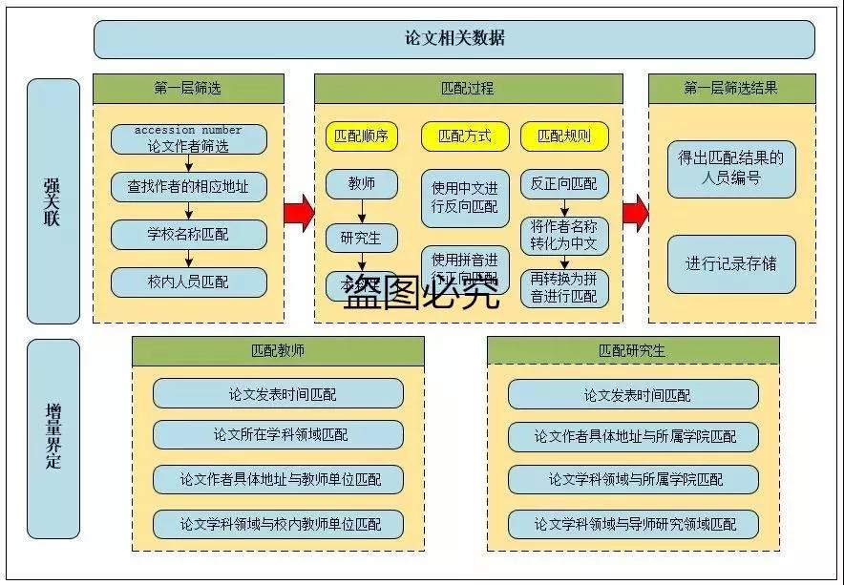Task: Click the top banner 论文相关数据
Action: (454, 39)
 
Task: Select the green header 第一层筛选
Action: (188, 89)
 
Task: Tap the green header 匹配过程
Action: (468, 89)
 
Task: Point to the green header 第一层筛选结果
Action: (730, 89)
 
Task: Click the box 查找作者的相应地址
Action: (188, 187)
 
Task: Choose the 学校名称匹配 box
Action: (188, 234)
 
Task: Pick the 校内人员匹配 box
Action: (188, 282)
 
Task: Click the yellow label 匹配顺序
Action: (362, 136)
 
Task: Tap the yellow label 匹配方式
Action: (465, 136)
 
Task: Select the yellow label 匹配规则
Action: (564, 136)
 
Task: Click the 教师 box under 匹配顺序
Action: (362, 184)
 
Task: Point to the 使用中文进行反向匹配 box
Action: (465, 197)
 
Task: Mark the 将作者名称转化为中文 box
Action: (564, 236)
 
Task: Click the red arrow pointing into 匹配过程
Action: (300, 212)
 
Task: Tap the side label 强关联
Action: (53, 201)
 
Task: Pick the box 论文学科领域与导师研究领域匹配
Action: (633, 524)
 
